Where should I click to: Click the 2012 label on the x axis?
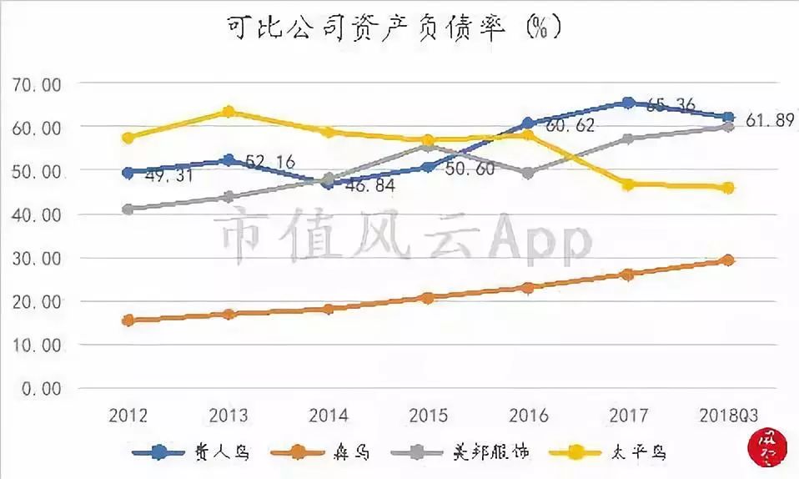(128, 416)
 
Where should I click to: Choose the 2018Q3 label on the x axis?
(727, 416)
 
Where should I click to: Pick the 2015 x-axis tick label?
(428, 416)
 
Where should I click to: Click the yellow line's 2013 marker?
(229, 112)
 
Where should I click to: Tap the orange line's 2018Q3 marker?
(727, 260)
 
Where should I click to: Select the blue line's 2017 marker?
(628, 103)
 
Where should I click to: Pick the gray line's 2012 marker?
(128, 209)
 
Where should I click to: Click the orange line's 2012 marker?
(128, 320)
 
